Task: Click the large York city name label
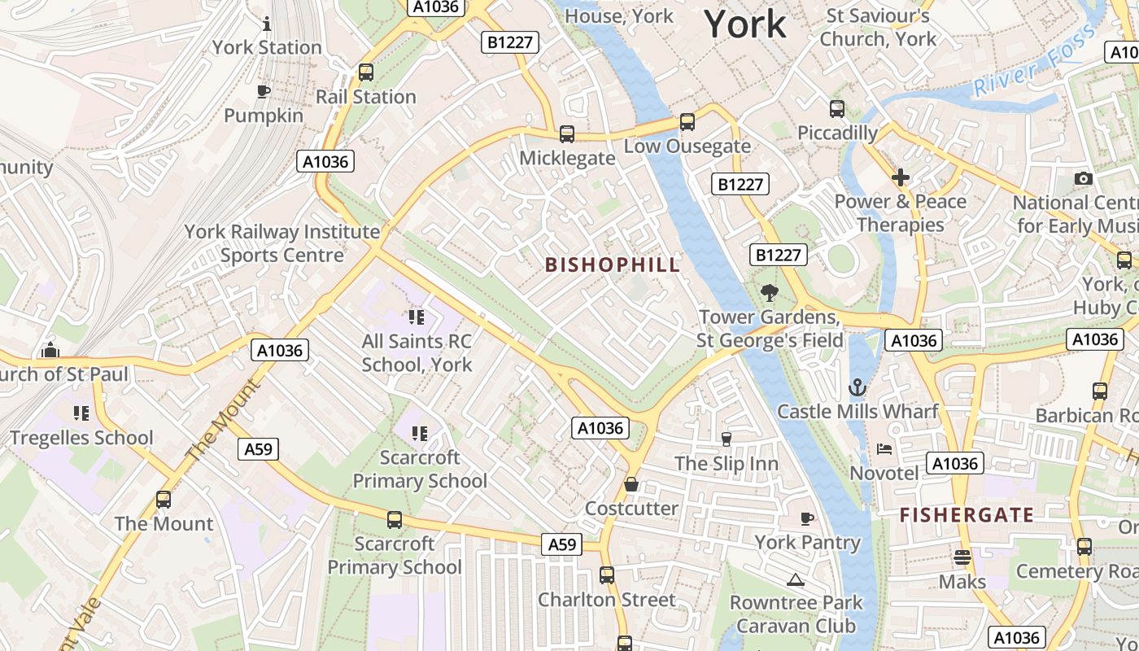[745, 24]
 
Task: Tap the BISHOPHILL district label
[613, 264]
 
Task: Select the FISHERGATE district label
[967, 515]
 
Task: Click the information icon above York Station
[267, 24]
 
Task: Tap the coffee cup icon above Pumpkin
[263, 91]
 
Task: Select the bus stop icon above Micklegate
[567, 134]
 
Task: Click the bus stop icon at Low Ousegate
[687, 122]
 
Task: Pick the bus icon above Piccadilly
[837, 109]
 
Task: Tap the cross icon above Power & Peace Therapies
[901, 177]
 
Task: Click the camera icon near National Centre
[1083, 178]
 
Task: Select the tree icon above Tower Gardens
[768, 293]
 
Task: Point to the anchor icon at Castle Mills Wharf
[858, 387]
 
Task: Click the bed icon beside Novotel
[884, 449]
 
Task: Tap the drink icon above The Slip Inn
[727, 439]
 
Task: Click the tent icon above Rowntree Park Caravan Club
[796, 579]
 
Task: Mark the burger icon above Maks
[962, 558]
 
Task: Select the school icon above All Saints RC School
[417, 317]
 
